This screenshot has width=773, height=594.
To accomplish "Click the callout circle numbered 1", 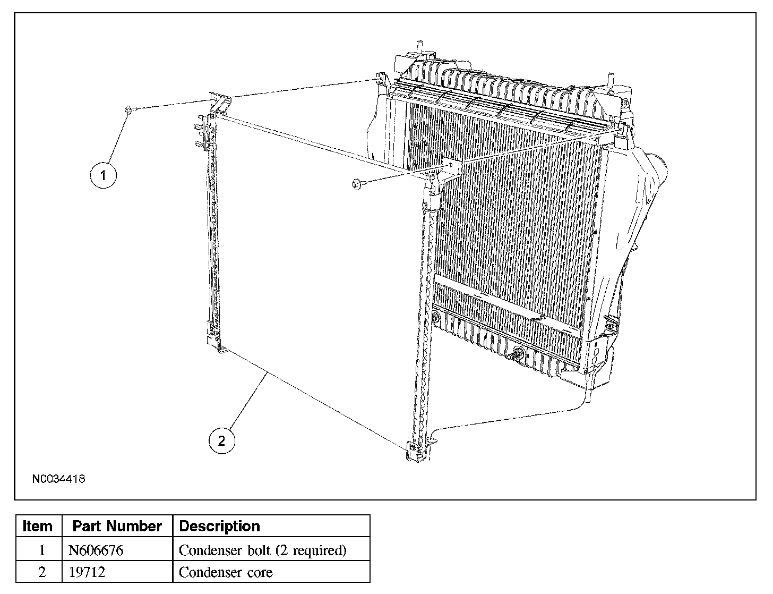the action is (103, 175).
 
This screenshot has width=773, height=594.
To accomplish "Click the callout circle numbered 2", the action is (221, 440).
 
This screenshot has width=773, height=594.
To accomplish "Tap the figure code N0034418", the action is (58, 479).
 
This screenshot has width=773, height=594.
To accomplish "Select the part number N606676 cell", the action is (96, 550).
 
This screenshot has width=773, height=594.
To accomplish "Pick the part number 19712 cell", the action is (87, 572).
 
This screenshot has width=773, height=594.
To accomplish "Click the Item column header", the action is (38, 526).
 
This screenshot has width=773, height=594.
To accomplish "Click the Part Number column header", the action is (117, 526).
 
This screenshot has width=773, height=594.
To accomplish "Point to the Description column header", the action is (219, 526).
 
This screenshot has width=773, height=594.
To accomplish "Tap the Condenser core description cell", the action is (226, 572).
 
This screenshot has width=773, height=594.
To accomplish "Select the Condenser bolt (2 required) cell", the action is (262, 550).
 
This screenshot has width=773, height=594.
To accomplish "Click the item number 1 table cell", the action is (42, 550).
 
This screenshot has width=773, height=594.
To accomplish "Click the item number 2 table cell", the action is (42, 572).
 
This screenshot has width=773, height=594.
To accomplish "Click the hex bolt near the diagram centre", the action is (357, 184).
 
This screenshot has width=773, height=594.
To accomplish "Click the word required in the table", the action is (319, 550).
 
